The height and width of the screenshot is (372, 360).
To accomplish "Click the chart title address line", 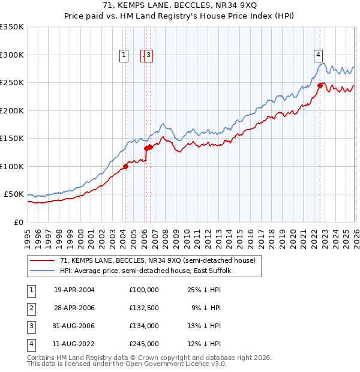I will (180, 6).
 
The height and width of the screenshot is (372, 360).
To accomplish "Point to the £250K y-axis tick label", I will (13, 82).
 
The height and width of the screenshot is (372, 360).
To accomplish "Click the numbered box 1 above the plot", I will (124, 55).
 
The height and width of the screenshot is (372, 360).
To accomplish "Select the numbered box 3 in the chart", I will (148, 55).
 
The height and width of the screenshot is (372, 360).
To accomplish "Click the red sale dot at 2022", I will (320, 86).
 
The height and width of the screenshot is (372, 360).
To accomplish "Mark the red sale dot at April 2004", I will (125, 166).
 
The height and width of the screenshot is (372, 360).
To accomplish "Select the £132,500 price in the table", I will (143, 308).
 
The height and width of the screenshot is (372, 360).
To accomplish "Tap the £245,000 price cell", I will (143, 344).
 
